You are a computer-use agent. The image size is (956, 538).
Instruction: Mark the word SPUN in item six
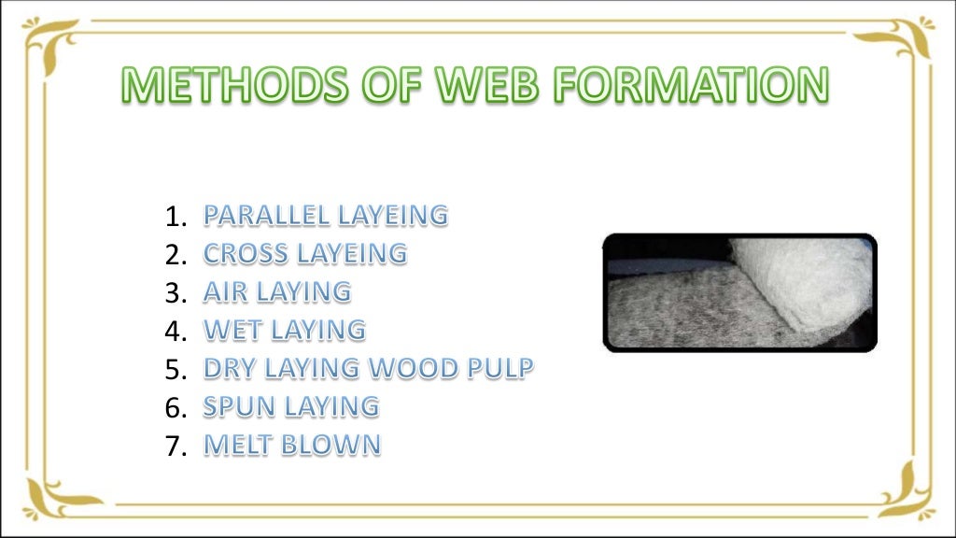pos(235,406)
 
